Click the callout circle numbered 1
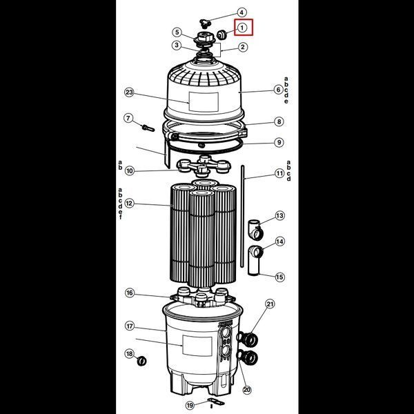coord(242,27)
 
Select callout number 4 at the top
coord(241,12)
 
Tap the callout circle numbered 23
coord(130,92)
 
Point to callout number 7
coord(128,118)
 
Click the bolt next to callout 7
coord(148,128)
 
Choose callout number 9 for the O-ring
coord(279,142)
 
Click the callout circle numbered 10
coord(130,171)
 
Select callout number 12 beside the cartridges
coord(130,204)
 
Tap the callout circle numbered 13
coord(279,216)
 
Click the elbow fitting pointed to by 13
coord(255,230)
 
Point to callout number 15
coord(279,277)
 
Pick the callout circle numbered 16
coord(130,293)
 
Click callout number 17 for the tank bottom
coord(130,326)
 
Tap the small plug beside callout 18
coord(142,361)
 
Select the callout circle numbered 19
coord(190,405)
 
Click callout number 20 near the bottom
coord(247,390)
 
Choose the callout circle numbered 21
coord(270,304)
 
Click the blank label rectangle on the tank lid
coord(204,102)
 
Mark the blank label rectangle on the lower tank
coord(197,346)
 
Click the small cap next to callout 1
coord(221,34)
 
